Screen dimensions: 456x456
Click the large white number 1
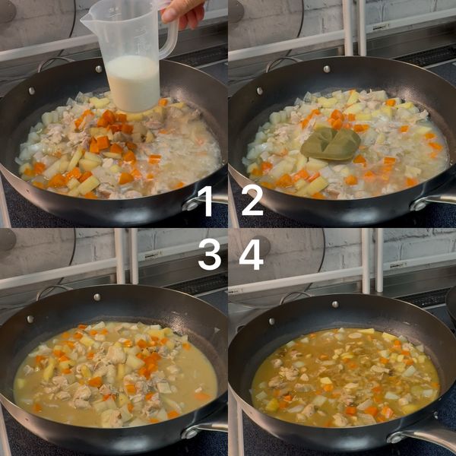tap(207, 201)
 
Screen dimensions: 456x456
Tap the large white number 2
tap(252, 201)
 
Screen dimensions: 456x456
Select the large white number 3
tap(210, 255)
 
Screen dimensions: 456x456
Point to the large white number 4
tap(252, 255)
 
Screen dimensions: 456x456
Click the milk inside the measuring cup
tap(133, 84)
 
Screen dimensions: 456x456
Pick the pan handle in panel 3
tap(204, 429)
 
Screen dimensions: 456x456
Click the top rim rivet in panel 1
tap(99, 69)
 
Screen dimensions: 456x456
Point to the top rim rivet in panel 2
tap(327, 69)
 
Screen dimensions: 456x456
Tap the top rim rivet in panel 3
tap(97, 297)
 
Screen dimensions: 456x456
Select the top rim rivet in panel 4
tap(335, 304)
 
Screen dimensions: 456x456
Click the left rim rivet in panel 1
tap(31, 90)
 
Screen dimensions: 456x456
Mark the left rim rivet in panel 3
tap(30, 319)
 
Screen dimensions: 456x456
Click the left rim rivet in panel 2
tap(260, 90)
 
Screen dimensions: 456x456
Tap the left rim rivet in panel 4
tap(271, 321)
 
